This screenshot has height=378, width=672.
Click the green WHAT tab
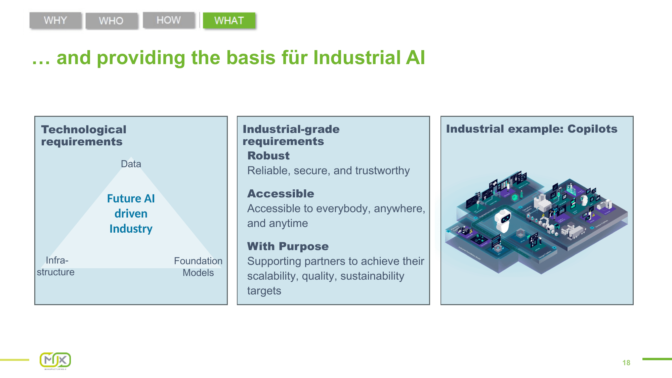coord(229,20)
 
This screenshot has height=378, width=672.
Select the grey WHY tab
coord(55,20)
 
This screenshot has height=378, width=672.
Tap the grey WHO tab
coord(111,21)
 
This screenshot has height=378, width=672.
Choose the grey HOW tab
coord(169,20)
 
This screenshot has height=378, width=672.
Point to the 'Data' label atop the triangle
coord(131,164)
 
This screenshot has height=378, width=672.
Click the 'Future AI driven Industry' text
coord(131,214)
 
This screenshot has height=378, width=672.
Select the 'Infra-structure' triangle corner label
coord(56,266)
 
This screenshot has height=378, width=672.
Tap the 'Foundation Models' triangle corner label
coord(198,267)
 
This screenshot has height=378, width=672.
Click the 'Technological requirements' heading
coord(84,135)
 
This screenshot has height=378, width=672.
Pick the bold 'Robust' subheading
coord(268,156)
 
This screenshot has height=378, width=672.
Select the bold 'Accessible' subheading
coord(281,194)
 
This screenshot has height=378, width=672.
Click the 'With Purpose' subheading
coord(288,246)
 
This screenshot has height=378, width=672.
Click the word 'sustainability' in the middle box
coord(372,276)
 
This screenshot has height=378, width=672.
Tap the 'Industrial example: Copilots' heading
coord(531,129)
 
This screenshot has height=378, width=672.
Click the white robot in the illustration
coord(503,220)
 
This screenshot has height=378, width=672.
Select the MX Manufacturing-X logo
coord(55,361)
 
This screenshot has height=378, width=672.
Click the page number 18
coord(626,363)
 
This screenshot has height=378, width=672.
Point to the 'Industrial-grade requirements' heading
coord(291,135)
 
